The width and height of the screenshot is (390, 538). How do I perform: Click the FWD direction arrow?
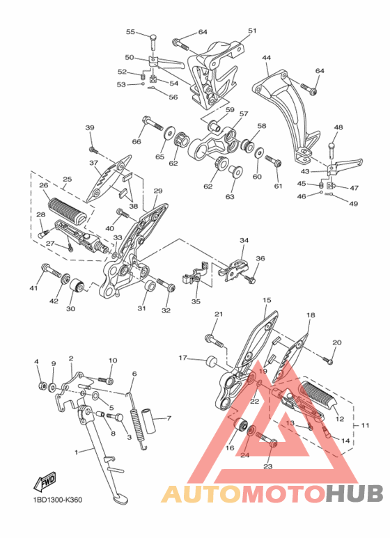(45, 482)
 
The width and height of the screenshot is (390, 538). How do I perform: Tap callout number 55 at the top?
(130, 32)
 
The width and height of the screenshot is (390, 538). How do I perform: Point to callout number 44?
(267, 58)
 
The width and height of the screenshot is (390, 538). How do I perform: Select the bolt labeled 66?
(152, 123)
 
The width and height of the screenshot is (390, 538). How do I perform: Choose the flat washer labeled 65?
(169, 133)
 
